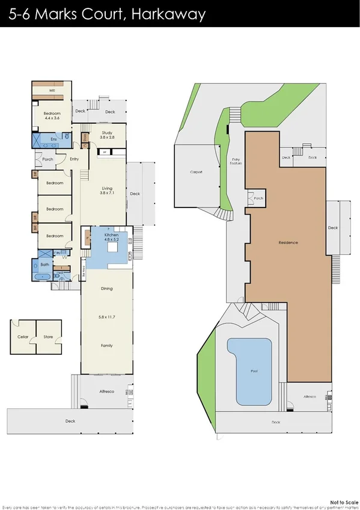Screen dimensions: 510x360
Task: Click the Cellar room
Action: [x=23, y=337]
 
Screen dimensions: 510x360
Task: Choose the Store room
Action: [x=48, y=337]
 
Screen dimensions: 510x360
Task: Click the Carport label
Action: [x=196, y=173]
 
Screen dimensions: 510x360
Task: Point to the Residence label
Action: [x=288, y=242]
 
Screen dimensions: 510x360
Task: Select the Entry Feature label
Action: [x=236, y=162]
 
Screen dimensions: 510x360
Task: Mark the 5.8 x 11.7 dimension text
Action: [x=106, y=317]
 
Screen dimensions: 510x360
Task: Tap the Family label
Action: [x=106, y=346]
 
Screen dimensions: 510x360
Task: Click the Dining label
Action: [x=106, y=289]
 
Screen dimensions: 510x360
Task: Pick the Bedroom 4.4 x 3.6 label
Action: [x=52, y=115]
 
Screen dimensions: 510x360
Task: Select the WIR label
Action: [x=52, y=91]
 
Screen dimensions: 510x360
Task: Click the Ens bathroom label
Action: [x=53, y=139]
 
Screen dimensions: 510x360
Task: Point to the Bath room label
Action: [x=44, y=265]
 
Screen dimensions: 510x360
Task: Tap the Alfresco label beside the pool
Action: [x=309, y=397]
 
